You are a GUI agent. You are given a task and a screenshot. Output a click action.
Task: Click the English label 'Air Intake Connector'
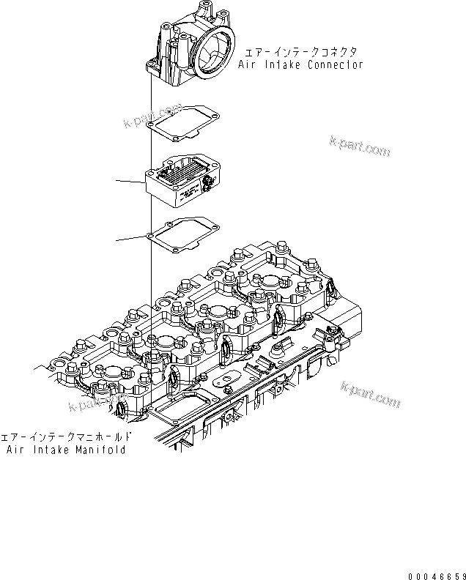pyautogui.click(x=300, y=64)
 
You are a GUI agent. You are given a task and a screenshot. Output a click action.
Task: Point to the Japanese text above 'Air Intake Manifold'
pyautogui.click(x=67, y=436)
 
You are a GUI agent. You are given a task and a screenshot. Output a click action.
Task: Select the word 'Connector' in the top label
pyautogui.click(x=335, y=64)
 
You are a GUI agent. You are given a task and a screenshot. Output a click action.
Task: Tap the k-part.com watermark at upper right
pyautogui.click(x=359, y=146)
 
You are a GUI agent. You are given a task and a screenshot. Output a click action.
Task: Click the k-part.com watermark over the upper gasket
pyautogui.click(x=153, y=113)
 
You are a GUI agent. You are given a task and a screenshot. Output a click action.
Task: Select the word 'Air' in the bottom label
pyautogui.click(x=15, y=448)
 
